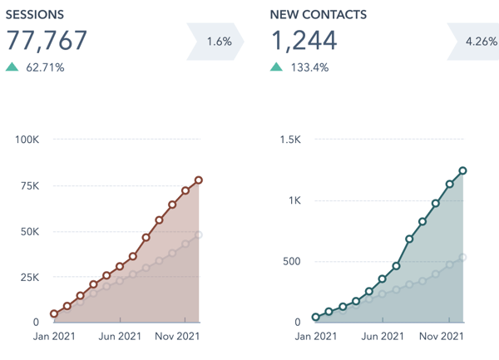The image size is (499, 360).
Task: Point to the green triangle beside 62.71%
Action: click(x=12, y=67)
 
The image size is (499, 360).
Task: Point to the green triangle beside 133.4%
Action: click(x=276, y=67)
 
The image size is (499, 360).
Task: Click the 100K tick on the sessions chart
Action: click(x=27, y=139)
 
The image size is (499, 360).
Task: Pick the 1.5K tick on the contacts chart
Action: click(x=289, y=139)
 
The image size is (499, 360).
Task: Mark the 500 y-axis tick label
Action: click(x=290, y=261)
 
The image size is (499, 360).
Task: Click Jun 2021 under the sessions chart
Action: click(x=120, y=337)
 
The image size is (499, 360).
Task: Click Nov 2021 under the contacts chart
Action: click(x=441, y=337)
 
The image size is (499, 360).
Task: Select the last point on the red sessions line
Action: click(x=199, y=180)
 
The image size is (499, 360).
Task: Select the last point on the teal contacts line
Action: click(x=462, y=171)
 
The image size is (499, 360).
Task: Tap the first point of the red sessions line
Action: click(x=54, y=314)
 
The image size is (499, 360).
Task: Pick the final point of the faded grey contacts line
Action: click(x=462, y=257)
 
